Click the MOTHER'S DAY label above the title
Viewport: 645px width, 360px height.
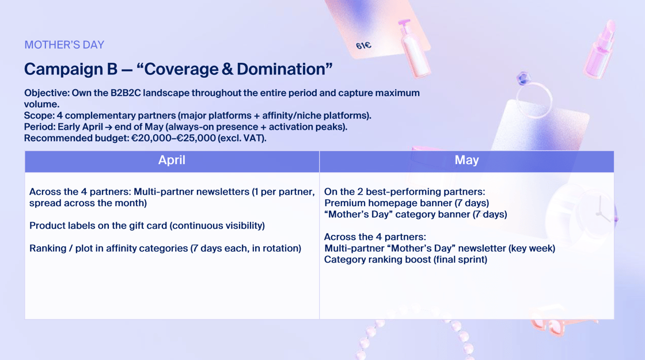(64, 45)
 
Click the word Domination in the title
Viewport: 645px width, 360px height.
(282, 69)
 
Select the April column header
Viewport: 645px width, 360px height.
(172, 161)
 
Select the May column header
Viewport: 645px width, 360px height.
(466, 161)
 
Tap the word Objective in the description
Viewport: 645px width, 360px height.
(46, 93)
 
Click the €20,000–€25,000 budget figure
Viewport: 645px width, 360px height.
(173, 138)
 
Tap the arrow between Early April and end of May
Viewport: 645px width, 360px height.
(109, 127)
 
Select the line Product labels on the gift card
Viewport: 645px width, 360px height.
(147, 225)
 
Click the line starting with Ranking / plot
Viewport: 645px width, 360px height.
(165, 248)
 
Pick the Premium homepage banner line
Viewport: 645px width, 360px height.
(407, 203)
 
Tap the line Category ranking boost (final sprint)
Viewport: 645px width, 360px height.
(405, 260)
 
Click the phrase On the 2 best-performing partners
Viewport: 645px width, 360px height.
(404, 192)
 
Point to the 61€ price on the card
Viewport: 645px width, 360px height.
(363, 46)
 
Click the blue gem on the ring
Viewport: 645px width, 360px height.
(523, 78)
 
